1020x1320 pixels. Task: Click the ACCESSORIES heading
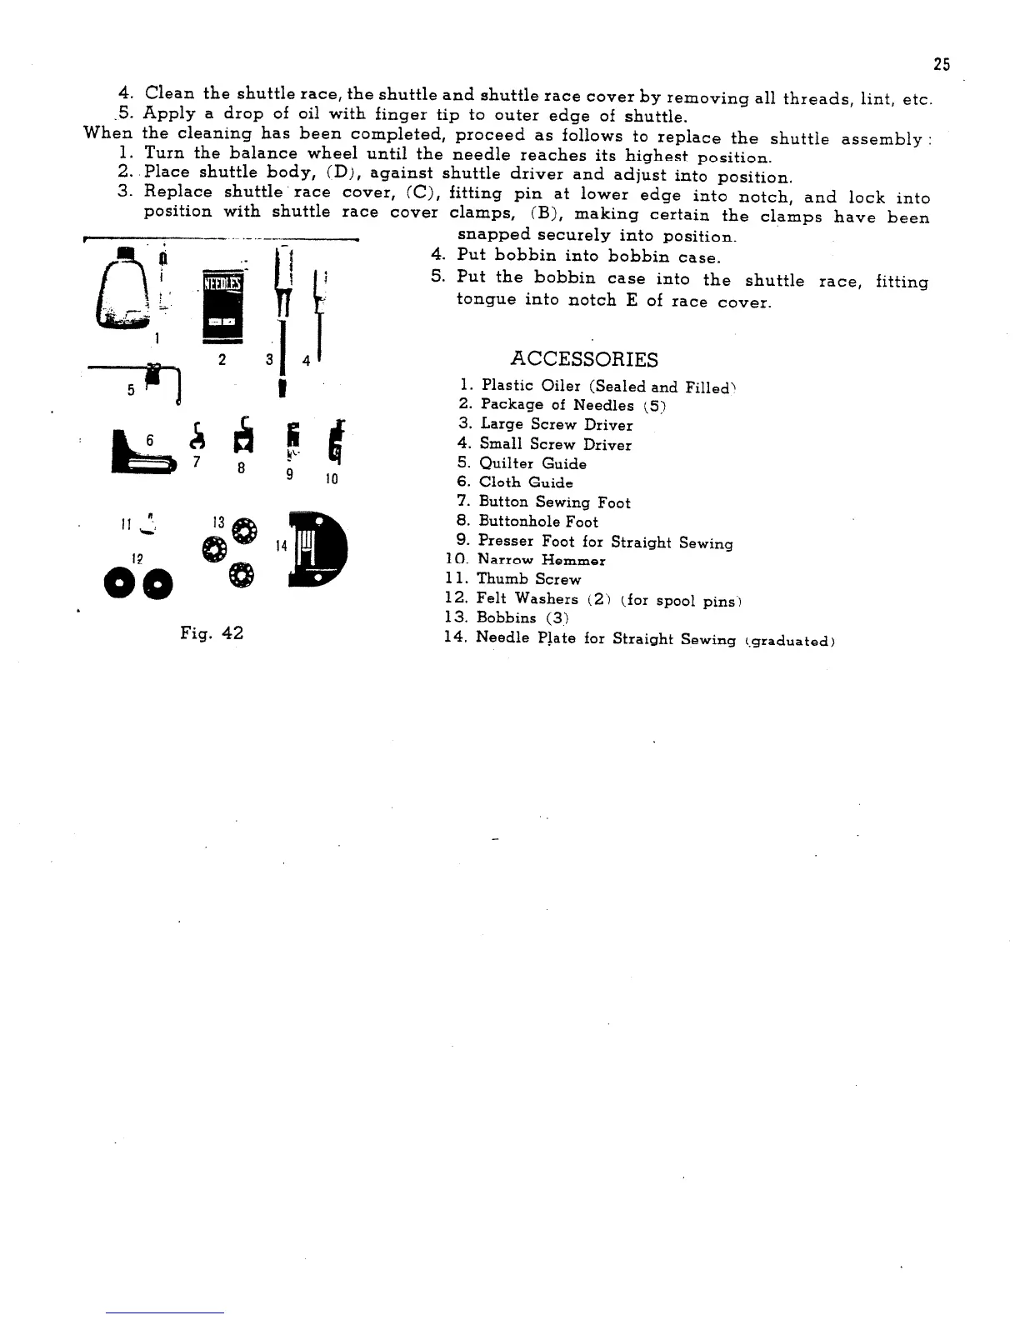point(583,359)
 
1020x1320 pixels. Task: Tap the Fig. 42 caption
point(212,633)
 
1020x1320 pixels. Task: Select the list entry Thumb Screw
point(528,579)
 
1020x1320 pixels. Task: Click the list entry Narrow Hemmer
point(542,560)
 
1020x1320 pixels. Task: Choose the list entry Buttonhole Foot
point(538,522)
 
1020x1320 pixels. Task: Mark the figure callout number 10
point(332,479)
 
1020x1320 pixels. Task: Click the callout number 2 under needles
point(222,359)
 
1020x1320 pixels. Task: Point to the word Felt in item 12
point(492,598)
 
